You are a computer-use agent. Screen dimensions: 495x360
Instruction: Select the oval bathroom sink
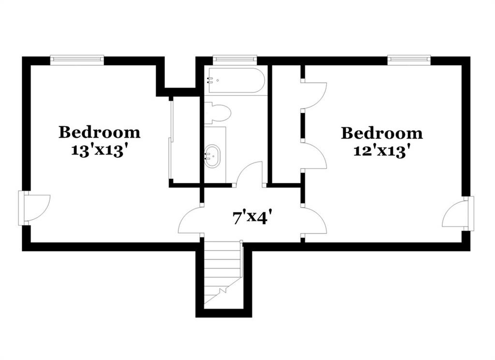(212, 156)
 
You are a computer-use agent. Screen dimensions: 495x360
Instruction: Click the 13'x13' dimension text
(101, 150)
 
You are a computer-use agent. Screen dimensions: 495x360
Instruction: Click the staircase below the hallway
(223, 272)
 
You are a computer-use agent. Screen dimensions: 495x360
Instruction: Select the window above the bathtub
(234, 59)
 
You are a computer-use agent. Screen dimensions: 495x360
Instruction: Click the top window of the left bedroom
(77, 60)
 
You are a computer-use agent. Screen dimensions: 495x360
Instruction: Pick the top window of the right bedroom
(409, 60)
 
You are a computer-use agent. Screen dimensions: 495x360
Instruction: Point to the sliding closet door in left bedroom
(172, 139)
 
